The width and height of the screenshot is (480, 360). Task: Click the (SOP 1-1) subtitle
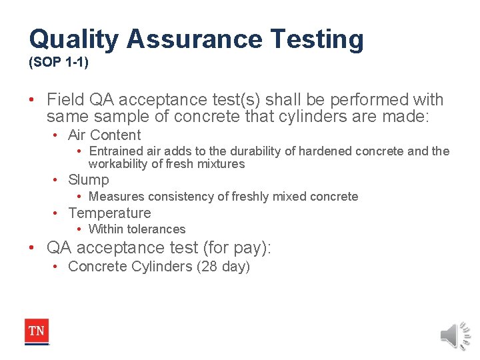59,65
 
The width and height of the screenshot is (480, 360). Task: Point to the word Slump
89,180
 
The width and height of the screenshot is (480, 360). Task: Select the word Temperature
109,213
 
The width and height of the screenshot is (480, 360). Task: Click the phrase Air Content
104,135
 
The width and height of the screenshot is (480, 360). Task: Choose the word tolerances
154,229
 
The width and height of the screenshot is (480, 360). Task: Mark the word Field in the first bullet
65,100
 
